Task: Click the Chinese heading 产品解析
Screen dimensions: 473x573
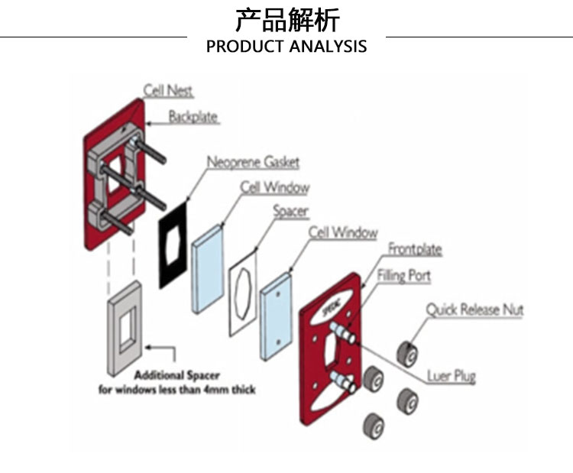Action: point(286,19)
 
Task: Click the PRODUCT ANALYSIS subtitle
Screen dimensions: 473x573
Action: point(286,47)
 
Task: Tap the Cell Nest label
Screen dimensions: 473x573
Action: point(168,91)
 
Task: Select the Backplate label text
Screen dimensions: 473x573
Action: point(193,117)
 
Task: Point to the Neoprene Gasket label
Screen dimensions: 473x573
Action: point(253,162)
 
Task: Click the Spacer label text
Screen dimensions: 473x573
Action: point(290,210)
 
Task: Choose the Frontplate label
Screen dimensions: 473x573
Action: point(415,249)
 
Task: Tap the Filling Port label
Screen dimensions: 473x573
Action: point(403,275)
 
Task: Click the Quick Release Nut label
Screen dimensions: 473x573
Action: point(474,309)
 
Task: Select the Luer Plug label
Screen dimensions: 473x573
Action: point(451,376)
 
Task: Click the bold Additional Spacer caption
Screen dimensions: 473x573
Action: point(177,375)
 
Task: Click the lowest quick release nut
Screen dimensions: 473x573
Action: point(373,423)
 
